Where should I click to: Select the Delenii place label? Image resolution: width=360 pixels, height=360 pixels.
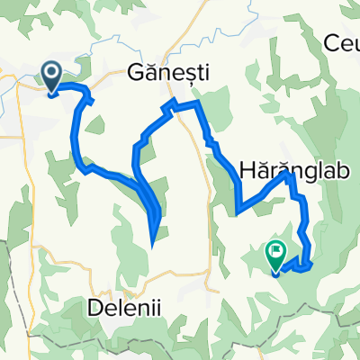click(125, 307)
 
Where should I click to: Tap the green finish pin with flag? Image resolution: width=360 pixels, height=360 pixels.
click(275, 257)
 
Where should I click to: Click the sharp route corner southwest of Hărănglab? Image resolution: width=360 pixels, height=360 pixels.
click(237, 213)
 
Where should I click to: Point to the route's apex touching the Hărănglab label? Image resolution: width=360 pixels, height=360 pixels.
click(290, 175)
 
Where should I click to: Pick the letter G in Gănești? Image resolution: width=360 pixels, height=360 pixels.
click(138, 75)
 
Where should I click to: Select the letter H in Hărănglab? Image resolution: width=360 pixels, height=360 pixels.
click(246, 168)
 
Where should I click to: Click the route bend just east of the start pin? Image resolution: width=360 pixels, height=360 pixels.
click(89, 89)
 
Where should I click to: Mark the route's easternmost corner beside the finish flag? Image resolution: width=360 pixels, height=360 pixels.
click(312, 264)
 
